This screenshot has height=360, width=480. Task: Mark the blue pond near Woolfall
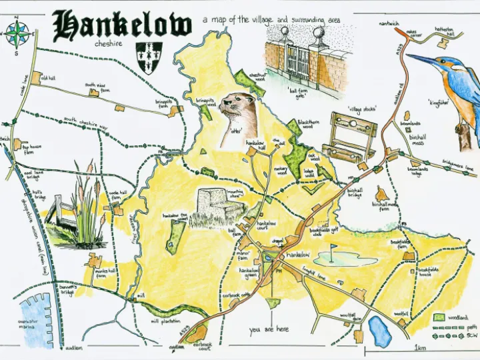click(x=380, y=331)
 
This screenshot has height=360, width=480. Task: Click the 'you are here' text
click(x=269, y=329)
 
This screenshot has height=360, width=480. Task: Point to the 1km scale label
click(x=420, y=348)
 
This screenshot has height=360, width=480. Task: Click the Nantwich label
click(x=389, y=23)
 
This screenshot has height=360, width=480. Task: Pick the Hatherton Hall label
click(x=444, y=31)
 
